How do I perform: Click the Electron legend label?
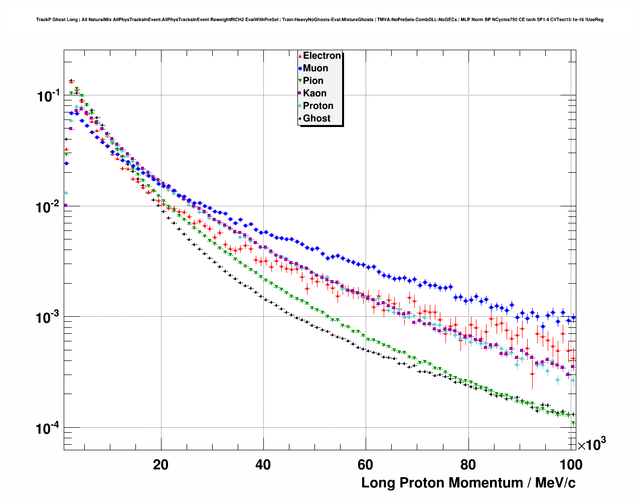(322, 56)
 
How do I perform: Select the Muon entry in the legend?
(315, 68)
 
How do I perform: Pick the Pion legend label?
(313, 81)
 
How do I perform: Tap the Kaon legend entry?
(314, 93)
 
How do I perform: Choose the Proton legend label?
(318, 106)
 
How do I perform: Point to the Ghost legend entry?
(316, 118)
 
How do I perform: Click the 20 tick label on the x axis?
(161, 465)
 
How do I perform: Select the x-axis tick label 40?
(263, 465)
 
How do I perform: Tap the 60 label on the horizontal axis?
(366, 465)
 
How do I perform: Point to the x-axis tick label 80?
(468, 465)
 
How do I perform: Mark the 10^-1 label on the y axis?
(48, 96)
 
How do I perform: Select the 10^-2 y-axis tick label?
(48, 206)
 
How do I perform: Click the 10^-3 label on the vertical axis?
(48, 317)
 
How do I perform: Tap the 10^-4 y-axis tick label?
(48, 428)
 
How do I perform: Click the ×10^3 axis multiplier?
(592, 444)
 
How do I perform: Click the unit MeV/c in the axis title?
(555, 483)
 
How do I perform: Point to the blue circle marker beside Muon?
(300, 69)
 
